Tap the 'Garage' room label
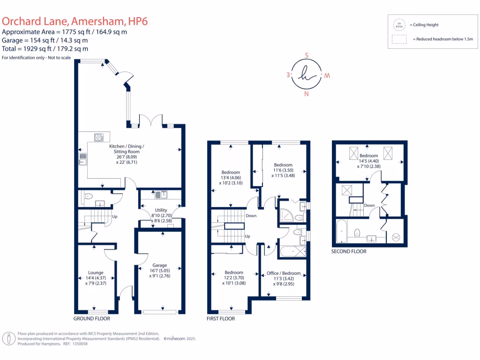click(x=160, y=265)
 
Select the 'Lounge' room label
click(x=96, y=272)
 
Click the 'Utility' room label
click(x=161, y=210)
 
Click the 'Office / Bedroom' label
click(x=284, y=273)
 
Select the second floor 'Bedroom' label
click(x=368, y=156)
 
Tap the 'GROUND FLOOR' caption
click(x=92, y=318)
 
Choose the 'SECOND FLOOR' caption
click(x=349, y=251)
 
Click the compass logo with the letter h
click(x=306, y=75)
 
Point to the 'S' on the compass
click(x=307, y=55)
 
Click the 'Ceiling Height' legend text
click(x=424, y=25)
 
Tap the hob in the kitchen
click(x=99, y=137)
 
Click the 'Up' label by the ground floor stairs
click(x=114, y=217)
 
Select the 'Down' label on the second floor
click(x=369, y=205)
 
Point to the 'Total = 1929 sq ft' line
click(x=45, y=49)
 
